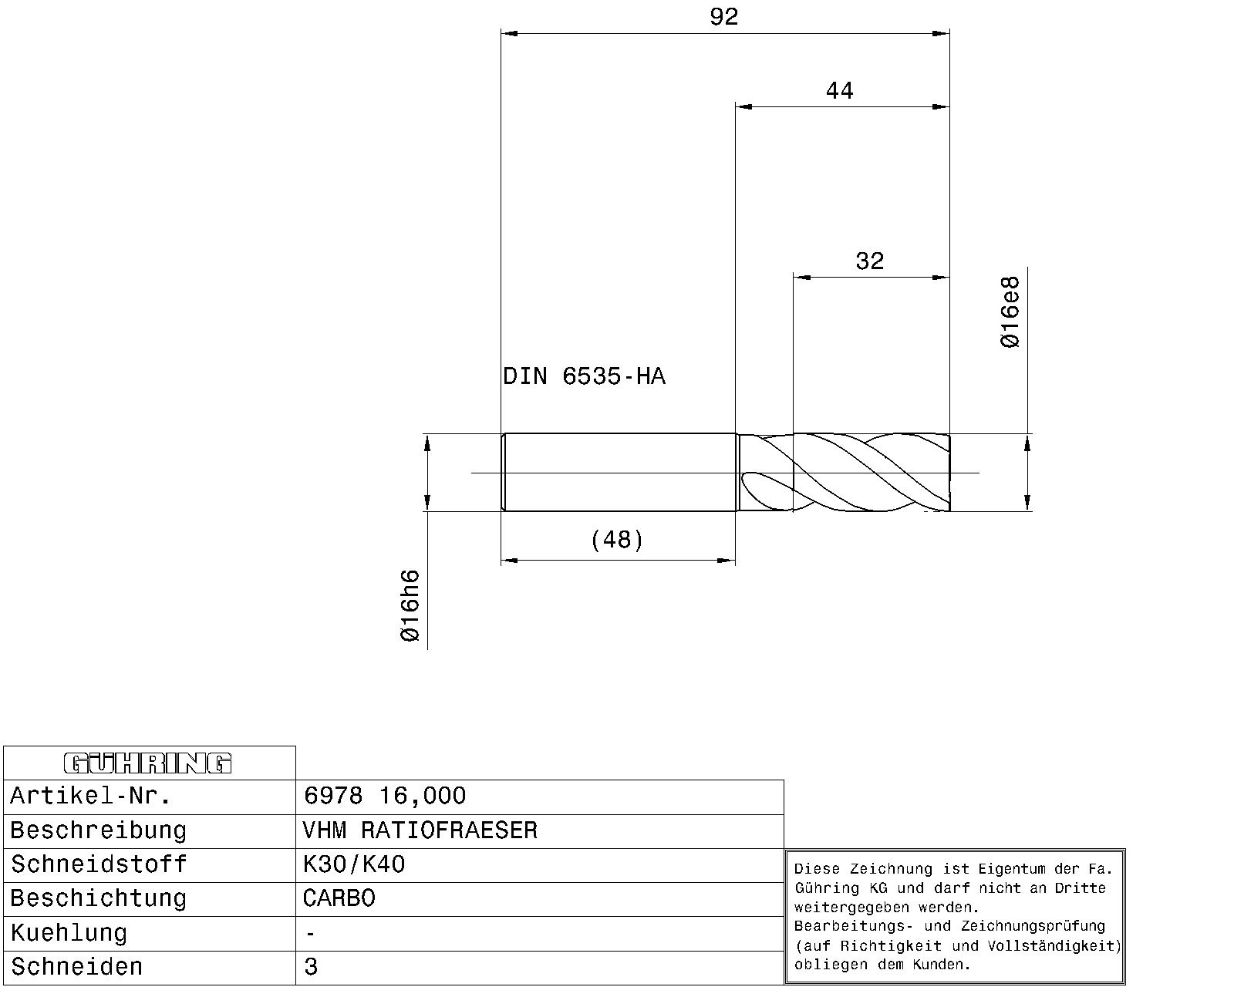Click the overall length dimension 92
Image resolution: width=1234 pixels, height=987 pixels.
click(x=723, y=17)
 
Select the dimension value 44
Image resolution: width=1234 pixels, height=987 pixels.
click(x=839, y=91)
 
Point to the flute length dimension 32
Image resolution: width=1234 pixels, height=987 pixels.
click(x=870, y=261)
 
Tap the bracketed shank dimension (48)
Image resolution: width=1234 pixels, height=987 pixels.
click(x=617, y=540)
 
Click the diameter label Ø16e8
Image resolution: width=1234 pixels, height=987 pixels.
click(x=1010, y=312)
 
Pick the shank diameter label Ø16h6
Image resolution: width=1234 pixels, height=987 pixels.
click(x=410, y=605)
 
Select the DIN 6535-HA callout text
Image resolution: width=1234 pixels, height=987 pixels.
click(x=585, y=376)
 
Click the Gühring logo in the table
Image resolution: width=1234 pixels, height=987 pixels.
click(x=147, y=763)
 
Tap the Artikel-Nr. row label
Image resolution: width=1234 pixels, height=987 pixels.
click(x=90, y=796)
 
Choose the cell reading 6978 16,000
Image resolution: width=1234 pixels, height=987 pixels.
click(x=385, y=796)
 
